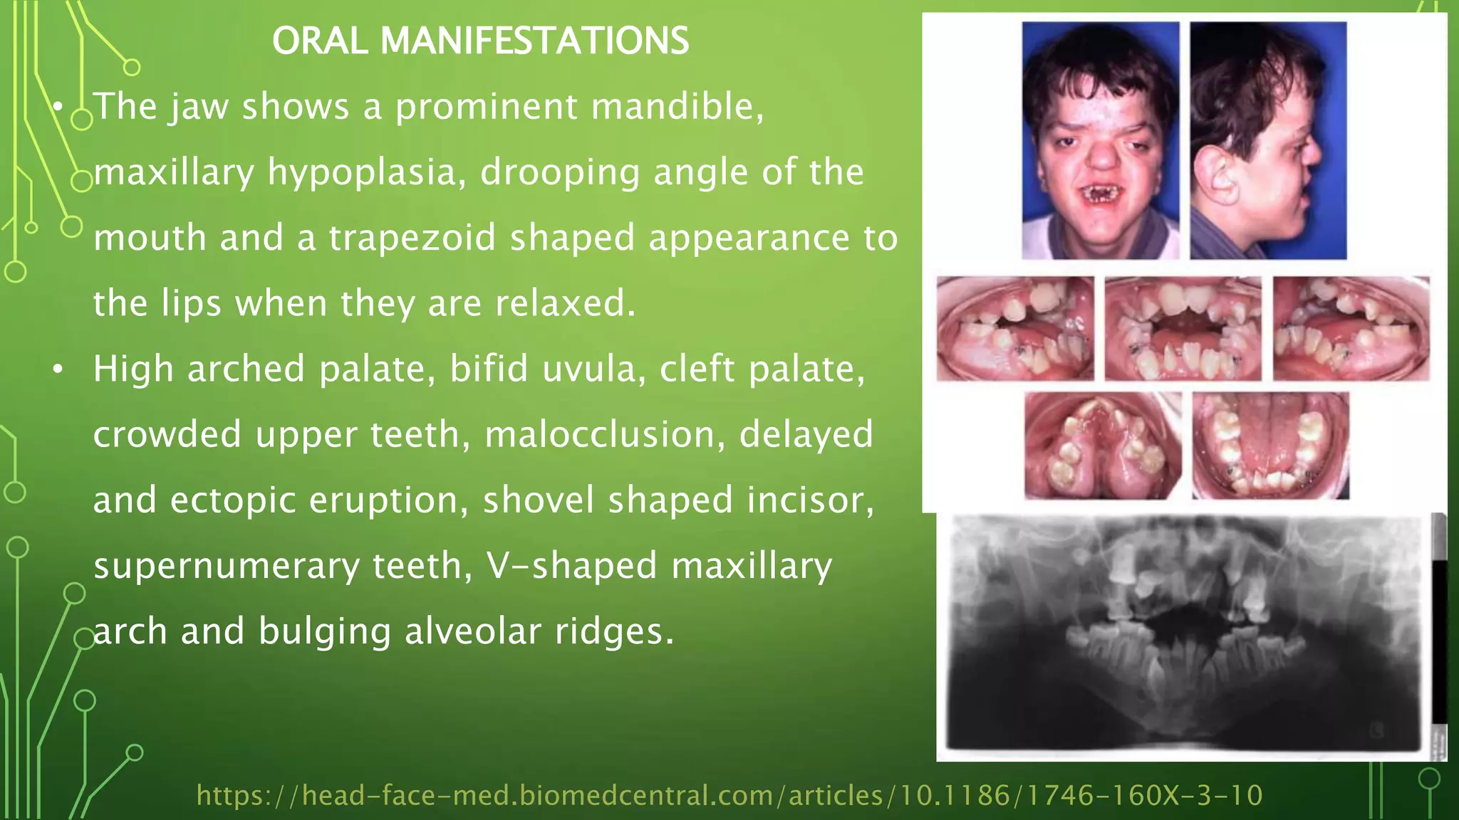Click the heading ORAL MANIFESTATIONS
480,41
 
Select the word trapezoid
412,238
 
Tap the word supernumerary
226,566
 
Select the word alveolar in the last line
473,631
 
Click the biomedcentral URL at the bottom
729,795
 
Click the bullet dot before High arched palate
58,369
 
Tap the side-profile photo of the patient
1268,140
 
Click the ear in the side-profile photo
1220,178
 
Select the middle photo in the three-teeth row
1183,329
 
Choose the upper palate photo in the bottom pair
1102,446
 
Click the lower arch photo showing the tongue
1270,446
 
